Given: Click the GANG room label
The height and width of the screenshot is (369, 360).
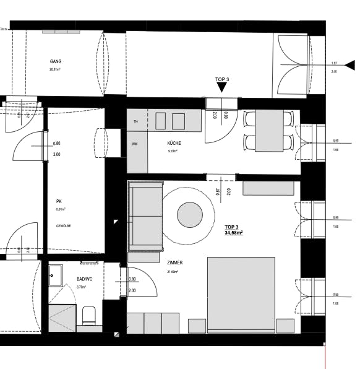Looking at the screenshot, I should (x=56, y=62).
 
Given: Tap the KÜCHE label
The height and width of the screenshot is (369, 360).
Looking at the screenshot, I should (x=174, y=143).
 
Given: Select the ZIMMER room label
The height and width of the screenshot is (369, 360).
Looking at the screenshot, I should (x=175, y=263).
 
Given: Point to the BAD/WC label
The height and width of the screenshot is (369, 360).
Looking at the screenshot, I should (x=84, y=280).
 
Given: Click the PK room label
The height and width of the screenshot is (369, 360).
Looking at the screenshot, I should (x=58, y=201).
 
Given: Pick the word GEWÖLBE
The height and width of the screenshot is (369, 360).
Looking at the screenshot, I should (x=63, y=226).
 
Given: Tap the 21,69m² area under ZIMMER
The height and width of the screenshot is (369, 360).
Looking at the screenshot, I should (x=173, y=272).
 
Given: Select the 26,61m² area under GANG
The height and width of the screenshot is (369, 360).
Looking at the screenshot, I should (x=56, y=70).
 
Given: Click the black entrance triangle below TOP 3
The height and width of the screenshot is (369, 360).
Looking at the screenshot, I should (x=222, y=88).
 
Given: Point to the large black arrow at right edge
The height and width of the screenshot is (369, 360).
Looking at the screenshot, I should (x=349, y=64).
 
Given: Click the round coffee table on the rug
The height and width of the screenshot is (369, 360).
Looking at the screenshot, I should (x=190, y=215).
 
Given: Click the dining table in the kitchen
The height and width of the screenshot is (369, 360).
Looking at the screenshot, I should (x=270, y=131).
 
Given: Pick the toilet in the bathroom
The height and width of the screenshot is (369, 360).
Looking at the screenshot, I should (x=88, y=316).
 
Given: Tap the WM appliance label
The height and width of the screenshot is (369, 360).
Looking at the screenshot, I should (x=134, y=144).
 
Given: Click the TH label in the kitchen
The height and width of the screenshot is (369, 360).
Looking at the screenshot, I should (x=135, y=122).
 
